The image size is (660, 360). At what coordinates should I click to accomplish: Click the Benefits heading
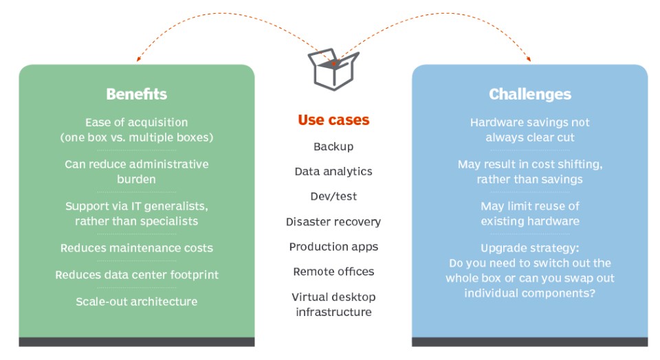tap(136, 94)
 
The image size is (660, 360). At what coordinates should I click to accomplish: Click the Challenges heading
tap(530, 94)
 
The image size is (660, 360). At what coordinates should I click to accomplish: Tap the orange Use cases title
tap(333, 120)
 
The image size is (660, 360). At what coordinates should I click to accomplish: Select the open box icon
tap(333, 69)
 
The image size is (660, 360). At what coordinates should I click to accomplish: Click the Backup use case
tap(333, 146)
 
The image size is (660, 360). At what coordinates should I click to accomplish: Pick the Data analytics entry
tap(333, 172)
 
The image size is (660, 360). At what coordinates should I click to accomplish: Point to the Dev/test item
tap(333, 196)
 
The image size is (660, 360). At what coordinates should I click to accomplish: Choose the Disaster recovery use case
tap(333, 222)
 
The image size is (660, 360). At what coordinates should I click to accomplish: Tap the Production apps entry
tap(333, 247)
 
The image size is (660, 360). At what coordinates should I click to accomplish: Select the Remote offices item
tap(333, 271)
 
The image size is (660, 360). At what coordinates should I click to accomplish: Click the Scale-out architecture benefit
tap(136, 302)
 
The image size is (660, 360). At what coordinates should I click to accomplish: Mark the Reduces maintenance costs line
tap(136, 248)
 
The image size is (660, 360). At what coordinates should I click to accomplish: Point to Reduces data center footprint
tap(136, 275)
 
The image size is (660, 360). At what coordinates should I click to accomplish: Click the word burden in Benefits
tap(136, 179)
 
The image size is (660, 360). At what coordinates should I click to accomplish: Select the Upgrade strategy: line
tap(530, 248)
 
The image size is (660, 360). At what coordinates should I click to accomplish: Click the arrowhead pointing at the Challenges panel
tap(529, 59)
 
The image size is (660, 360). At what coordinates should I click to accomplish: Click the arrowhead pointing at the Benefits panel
tap(138, 59)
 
